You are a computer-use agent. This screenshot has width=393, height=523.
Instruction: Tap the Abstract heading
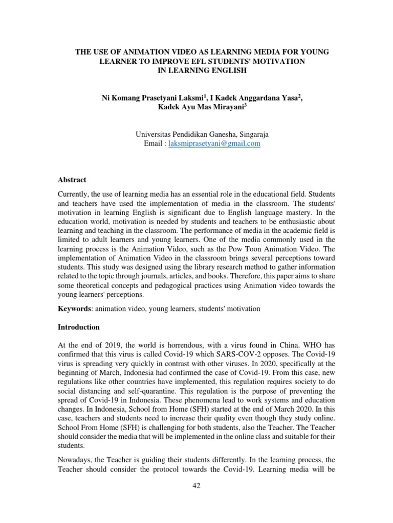pos(72,180)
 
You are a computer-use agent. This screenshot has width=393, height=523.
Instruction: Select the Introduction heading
pos(79,327)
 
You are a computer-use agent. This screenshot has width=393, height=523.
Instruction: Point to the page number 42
pos(196,486)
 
